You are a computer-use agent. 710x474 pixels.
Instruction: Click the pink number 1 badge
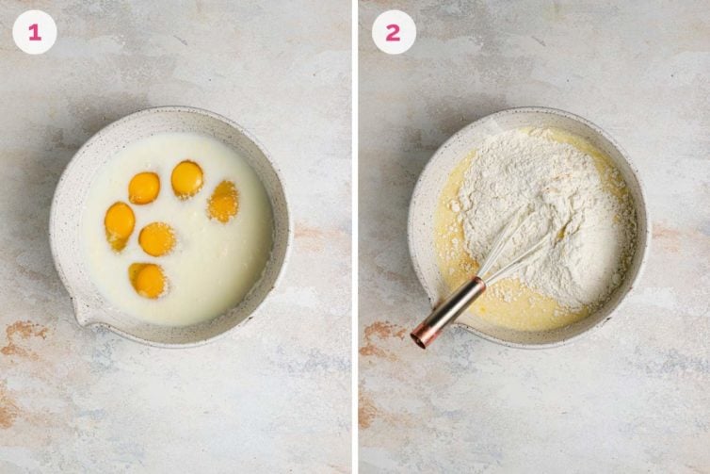34,32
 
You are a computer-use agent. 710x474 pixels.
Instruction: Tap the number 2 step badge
393,32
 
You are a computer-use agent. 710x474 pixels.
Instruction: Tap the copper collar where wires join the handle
478,284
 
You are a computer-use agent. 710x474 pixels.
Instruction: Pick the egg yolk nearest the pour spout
148,279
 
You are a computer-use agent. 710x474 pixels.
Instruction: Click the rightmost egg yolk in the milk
224,200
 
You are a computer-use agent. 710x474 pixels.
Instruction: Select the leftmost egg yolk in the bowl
120,224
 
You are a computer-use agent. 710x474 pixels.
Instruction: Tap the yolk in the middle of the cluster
157,238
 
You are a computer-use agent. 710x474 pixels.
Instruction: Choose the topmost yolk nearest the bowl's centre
186,178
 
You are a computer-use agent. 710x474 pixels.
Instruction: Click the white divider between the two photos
355,236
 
